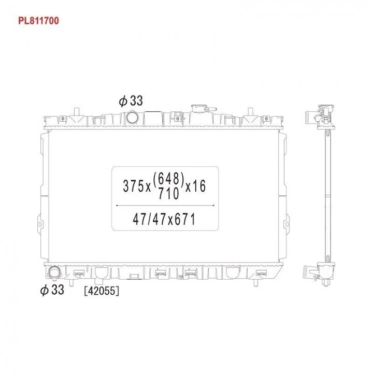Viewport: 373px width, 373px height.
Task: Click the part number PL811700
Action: [x=38, y=21]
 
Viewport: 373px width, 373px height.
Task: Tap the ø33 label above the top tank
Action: [x=131, y=101]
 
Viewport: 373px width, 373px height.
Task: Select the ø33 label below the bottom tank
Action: [x=52, y=290]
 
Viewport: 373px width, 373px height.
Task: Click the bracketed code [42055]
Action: [x=102, y=291]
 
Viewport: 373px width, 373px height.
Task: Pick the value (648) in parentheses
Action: [x=169, y=179]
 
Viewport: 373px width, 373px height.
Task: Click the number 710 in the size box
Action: [x=168, y=193]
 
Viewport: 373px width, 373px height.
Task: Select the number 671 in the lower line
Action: [x=185, y=219]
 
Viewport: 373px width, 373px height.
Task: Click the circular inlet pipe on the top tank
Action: [x=132, y=117]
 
